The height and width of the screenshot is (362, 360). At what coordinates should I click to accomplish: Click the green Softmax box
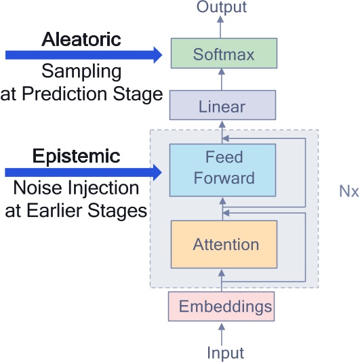(x=223, y=53)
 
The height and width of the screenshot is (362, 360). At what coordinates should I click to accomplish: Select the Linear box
(x=222, y=106)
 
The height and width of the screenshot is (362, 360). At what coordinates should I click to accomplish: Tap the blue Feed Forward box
(x=223, y=168)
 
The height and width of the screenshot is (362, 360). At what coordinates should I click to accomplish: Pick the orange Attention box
(x=225, y=244)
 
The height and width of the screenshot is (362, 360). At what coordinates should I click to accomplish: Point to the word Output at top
(x=222, y=7)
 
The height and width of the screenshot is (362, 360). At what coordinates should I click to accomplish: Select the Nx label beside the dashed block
(x=348, y=191)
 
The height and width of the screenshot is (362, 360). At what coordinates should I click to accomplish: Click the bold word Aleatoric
(x=81, y=39)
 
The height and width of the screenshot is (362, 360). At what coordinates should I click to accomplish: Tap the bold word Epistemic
(x=77, y=157)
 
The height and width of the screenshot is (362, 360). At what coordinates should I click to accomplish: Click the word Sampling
(x=81, y=71)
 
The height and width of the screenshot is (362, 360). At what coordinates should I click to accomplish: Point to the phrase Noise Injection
(x=77, y=188)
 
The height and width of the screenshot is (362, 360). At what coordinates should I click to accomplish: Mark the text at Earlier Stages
(x=77, y=210)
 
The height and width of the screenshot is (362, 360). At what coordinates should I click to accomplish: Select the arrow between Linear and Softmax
(x=220, y=81)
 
